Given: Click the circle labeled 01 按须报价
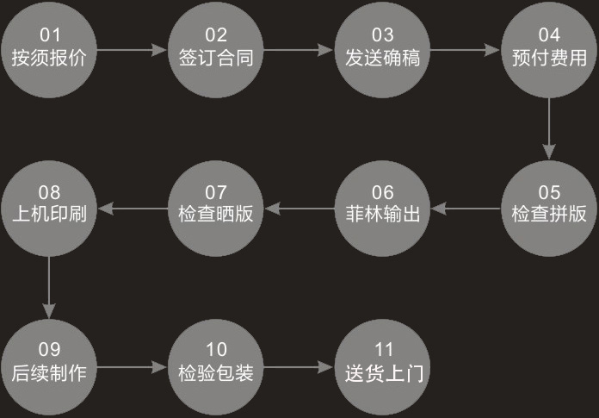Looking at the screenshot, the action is pos(49,50).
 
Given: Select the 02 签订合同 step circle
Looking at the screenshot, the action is pos(216,50).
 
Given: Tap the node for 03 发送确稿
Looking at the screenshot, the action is pos(382,50).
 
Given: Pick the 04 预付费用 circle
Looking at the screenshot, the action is pos(549,50).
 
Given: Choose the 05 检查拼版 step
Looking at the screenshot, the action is pos(549,209).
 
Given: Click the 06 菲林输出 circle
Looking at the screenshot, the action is pos(382,209).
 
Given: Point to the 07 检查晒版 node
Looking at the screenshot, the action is pos(216,209).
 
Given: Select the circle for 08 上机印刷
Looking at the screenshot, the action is pos(49,209).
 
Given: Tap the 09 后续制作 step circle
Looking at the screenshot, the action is pos(49,367).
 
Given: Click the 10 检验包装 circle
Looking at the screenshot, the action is pos(216,367).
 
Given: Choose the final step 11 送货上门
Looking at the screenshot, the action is pos(382,367).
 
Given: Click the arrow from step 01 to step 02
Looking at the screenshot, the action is pos(133,50).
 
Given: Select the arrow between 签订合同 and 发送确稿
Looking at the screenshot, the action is pos(299,50).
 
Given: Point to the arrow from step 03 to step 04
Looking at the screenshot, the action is pos(466,50).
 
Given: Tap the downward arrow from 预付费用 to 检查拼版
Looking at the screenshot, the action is pos(549,129).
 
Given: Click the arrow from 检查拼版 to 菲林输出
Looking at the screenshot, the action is pos(466,209).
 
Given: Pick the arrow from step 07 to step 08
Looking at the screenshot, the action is pos(133,209).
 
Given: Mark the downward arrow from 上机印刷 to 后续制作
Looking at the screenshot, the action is pos(49,288).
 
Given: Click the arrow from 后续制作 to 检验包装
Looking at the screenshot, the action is pos(133,367).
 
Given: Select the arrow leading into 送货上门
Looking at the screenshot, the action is pos(299,367).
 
